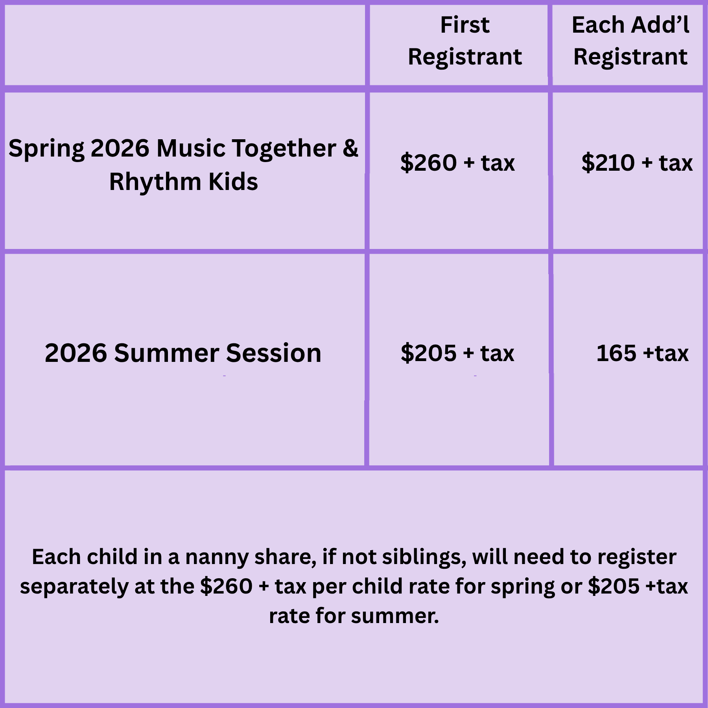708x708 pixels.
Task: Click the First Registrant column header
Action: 465,41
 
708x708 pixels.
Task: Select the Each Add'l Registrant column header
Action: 631,41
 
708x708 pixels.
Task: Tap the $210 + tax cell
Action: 637,162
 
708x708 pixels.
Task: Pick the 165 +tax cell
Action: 642,353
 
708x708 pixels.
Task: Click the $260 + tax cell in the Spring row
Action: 457,162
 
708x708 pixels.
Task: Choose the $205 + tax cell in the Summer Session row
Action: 457,353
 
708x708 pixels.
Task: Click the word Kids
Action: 233,182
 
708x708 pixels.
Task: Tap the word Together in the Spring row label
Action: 284,148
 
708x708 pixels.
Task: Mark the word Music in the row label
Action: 191,148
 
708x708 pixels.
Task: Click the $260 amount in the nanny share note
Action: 226,586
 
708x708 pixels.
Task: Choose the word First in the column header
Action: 465,25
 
